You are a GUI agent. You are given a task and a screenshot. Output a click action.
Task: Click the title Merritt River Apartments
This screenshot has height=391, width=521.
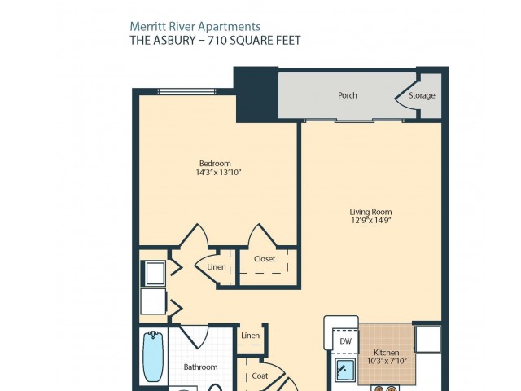pos(195,27)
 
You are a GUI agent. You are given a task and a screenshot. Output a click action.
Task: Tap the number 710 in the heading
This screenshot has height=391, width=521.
pos(217,40)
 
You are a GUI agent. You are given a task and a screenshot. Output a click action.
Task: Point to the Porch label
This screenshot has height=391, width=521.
pos(348,95)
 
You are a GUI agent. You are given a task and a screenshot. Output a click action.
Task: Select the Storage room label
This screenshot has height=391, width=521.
pos(422,96)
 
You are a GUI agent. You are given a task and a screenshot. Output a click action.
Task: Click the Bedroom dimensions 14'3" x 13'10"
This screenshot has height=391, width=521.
pos(218,172)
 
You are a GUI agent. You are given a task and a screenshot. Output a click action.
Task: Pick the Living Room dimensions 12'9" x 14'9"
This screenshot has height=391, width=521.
pos(371,220)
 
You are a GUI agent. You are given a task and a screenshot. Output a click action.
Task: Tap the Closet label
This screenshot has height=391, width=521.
pos(265,259)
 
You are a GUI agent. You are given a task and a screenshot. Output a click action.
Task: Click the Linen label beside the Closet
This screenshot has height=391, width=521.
pos(217,267)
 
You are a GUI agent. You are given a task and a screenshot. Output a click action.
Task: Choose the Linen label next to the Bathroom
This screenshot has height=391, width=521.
pos(250,336)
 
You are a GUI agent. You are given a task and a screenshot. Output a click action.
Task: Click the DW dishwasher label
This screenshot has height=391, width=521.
pos(345,341)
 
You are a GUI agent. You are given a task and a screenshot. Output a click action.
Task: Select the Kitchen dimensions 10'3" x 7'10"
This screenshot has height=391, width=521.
pos(387,361)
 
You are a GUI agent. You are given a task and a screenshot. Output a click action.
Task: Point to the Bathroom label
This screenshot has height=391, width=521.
pos(201,367)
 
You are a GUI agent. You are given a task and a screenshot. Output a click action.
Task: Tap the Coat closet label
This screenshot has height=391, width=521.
pos(260,376)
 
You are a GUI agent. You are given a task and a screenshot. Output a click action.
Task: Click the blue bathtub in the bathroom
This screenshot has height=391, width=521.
pos(153,357)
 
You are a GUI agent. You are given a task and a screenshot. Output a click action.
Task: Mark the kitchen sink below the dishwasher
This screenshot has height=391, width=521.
pos(345,370)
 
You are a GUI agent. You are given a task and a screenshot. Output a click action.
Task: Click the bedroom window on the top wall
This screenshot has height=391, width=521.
pos(186,91)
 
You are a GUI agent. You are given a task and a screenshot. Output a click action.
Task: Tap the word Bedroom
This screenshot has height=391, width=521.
pos(215,164)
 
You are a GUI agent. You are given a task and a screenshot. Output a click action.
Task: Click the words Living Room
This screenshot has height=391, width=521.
pos(370,212)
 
